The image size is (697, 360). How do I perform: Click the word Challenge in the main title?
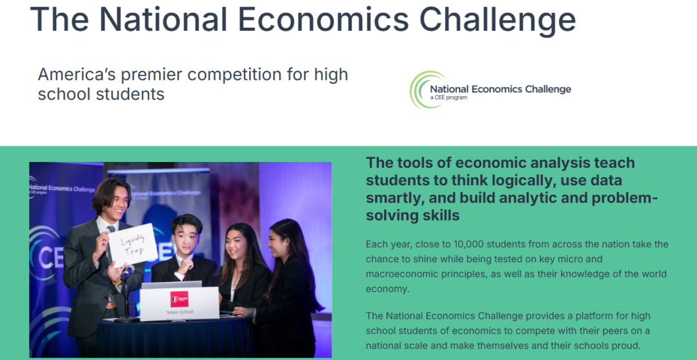pos(498,19)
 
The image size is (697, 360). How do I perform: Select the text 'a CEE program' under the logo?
pos(449,97)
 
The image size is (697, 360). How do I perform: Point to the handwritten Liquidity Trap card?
pos(133,245)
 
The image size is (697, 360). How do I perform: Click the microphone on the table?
pos(127,272)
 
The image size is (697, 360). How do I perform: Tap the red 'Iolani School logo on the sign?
pos(179,299)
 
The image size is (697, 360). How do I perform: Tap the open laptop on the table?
pos(171,285)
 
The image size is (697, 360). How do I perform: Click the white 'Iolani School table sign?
pos(179,304)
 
